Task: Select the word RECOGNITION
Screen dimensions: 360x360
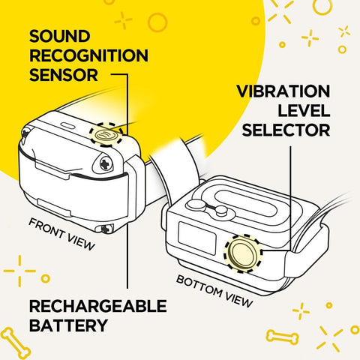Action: [x=89, y=56]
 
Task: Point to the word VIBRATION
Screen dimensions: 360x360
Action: [x=283, y=91]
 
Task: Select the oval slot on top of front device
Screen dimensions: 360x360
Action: [x=64, y=125]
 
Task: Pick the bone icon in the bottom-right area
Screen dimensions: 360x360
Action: [x=282, y=337]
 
